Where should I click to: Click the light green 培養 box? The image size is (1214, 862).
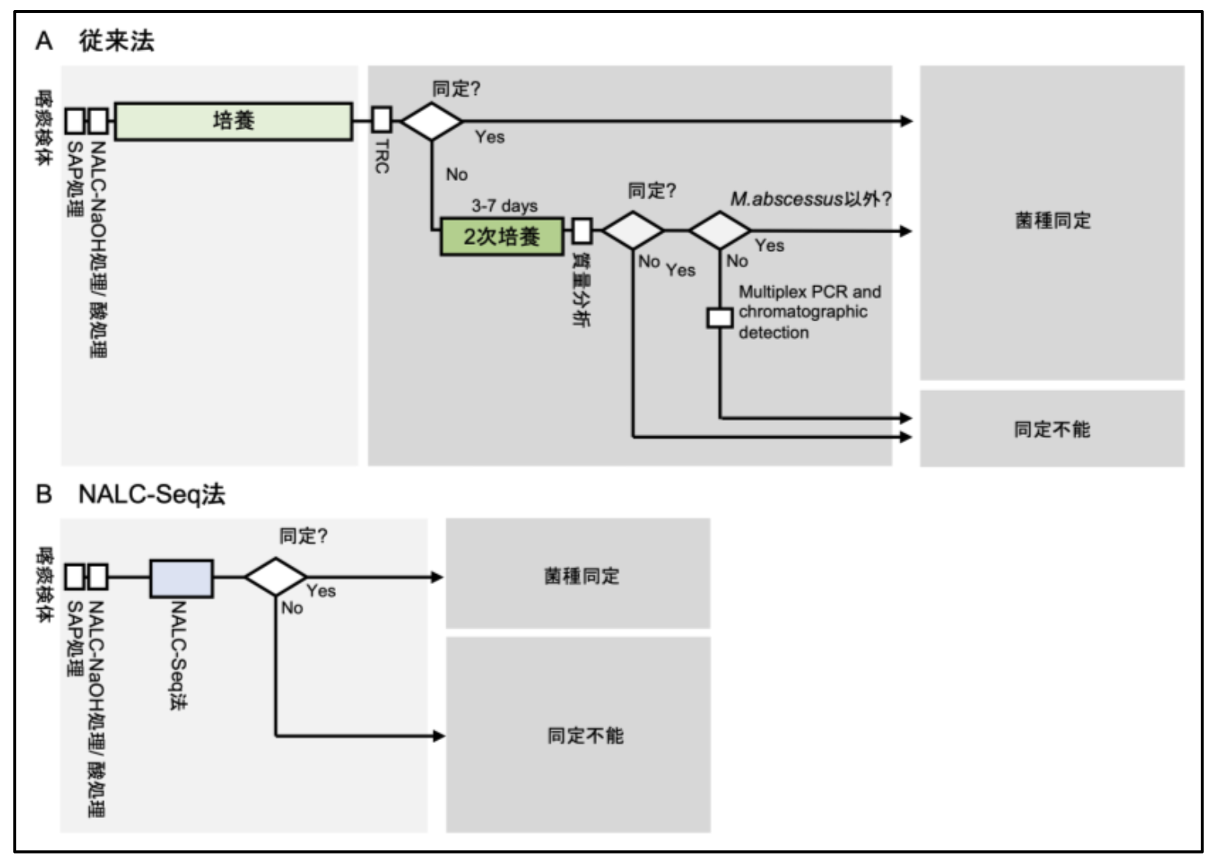tap(233, 121)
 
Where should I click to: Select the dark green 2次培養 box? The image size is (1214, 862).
tap(501, 236)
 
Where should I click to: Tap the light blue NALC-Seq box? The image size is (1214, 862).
tap(181, 579)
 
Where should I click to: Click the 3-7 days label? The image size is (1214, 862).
tap(504, 205)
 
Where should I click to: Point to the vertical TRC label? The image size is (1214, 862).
tap(381, 156)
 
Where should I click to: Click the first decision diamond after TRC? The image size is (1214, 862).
tap(432, 121)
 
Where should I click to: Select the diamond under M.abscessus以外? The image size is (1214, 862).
tap(719, 230)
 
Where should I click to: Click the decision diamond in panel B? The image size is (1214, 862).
tap(276, 577)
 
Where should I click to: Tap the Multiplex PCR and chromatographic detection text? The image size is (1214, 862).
tap(809, 312)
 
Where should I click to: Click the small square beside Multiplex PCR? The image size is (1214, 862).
tap(720, 317)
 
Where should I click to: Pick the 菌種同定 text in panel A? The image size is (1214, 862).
tap(1053, 221)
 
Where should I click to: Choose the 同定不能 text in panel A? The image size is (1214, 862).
tap(1052, 429)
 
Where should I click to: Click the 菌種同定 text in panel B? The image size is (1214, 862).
tap(582, 576)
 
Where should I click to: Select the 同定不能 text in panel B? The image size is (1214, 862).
tap(585, 735)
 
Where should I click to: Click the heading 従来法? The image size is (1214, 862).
tap(117, 41)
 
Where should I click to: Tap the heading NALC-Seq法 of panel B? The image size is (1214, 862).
tap(151, 494)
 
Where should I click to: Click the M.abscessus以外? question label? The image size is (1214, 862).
tap(810, 199)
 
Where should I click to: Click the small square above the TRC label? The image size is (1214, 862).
tap(381, 120)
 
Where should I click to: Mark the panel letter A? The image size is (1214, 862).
tap(44, 41)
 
